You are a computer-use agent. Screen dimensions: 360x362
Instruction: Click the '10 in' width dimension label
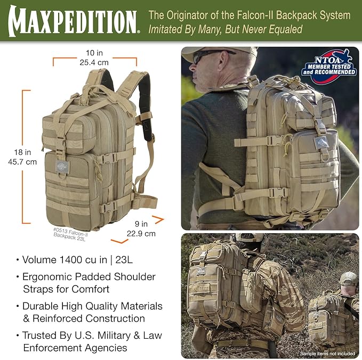94,53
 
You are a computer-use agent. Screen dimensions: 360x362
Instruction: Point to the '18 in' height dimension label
21,152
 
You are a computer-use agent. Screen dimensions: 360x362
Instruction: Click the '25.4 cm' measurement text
94,62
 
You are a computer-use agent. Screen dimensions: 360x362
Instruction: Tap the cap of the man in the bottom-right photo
348,277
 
